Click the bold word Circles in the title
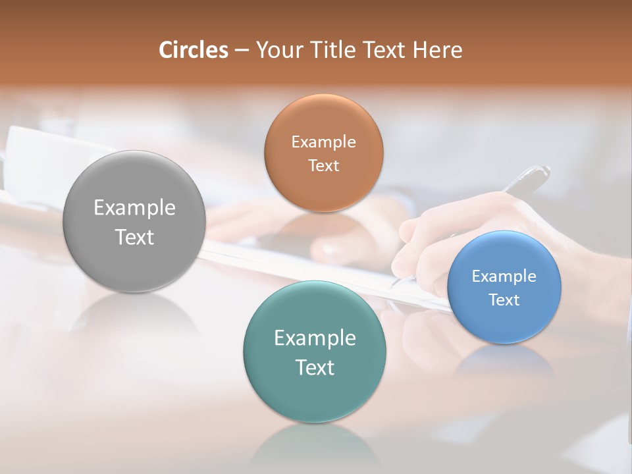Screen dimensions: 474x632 pyautogui.click(x=193, y=50)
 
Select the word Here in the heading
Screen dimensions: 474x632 pyautogui.click(x=437, y=50)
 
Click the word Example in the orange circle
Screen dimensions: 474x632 pyautogui.click(x=323, y=142)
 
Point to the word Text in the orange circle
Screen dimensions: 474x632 pyautogui.click(x=323, y=165)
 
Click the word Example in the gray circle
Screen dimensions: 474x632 pyautogui.click(x=134, y=208)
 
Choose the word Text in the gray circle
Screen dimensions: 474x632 pyautogui.click(x=134, y=237)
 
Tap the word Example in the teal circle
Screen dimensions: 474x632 pyautogui.click(x=315, y=338)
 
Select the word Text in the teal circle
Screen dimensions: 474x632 pyautogui.click(x=315, y=367)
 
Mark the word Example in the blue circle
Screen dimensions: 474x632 pyautogui.click(x=504, y=276)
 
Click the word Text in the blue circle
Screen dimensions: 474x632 pyautogui.click(x=504, y=300)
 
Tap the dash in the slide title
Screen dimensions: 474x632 pyautogui.click(x=241, y=51)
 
